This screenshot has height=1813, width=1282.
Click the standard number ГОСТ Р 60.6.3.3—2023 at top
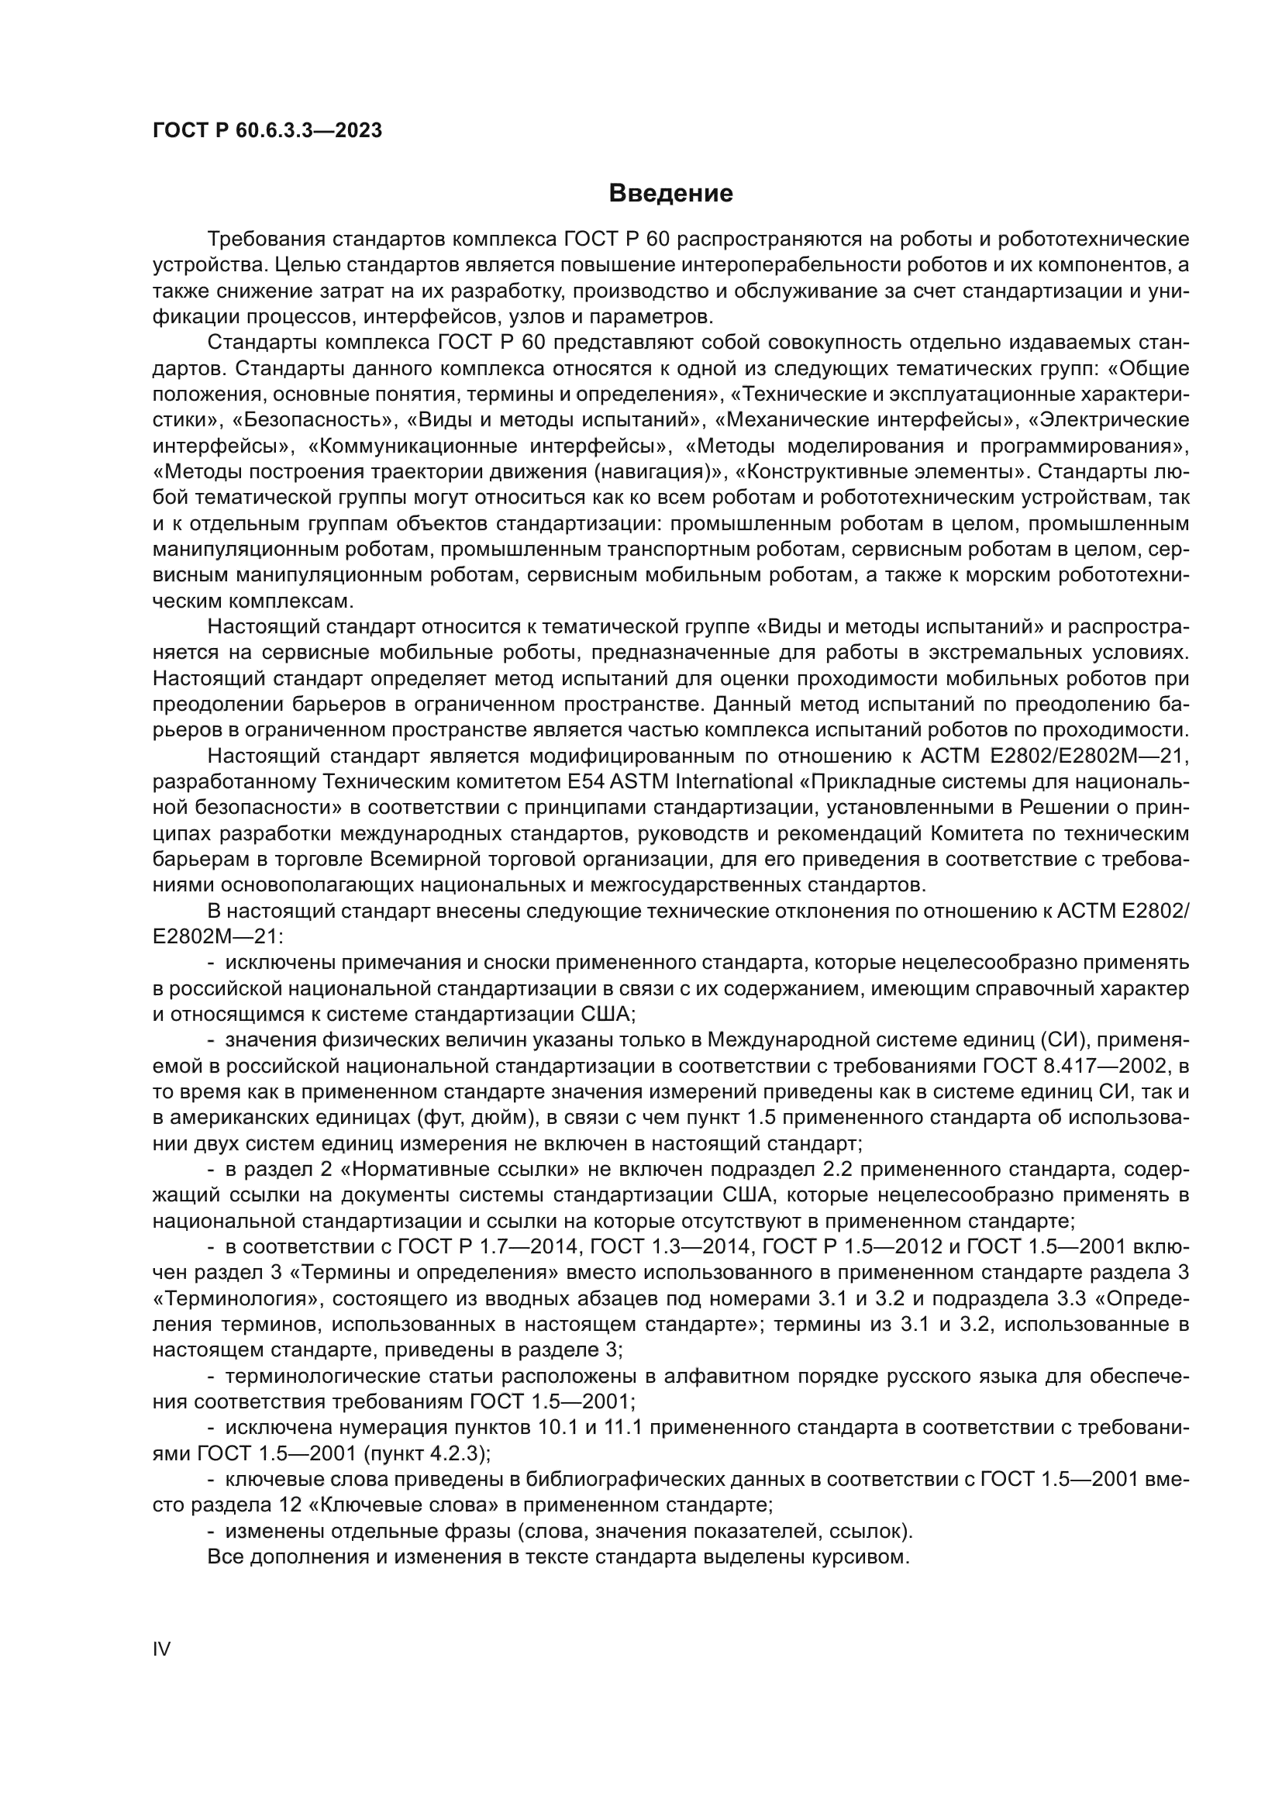pyautogui.click(x=267, y=131)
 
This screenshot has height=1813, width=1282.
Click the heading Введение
pyautogui.click(x=671, y=194)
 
